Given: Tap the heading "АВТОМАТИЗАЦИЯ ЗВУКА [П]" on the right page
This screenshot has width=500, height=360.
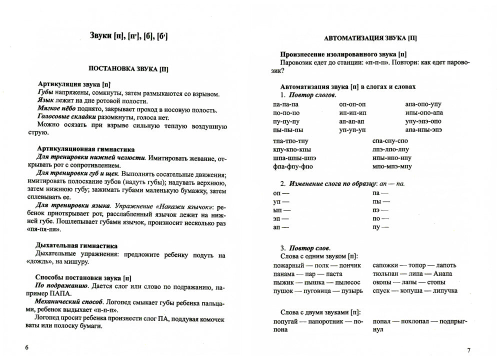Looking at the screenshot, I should (x=370, y=37).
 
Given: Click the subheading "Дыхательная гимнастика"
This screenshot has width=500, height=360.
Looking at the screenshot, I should (x=77, y=245).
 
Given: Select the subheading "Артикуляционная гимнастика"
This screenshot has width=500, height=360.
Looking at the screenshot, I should (x=86, y=149).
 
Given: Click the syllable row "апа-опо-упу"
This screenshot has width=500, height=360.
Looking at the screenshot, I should (x=423, y=104).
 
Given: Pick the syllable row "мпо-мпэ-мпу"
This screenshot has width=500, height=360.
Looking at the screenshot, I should (x=392, y=166).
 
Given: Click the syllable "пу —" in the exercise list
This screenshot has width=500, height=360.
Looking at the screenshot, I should (x=380, y=227).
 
